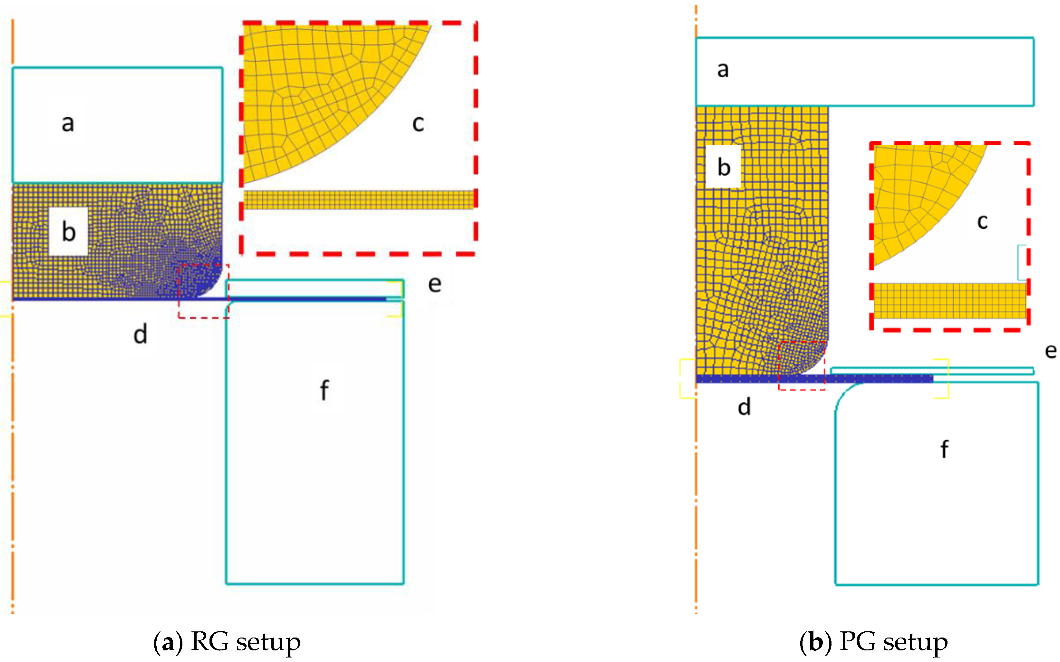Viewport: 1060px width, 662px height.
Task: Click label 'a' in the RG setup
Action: [67, 123]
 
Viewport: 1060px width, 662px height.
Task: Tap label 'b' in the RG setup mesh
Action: [68, 231]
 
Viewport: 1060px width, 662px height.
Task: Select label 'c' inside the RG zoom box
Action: [418, 123]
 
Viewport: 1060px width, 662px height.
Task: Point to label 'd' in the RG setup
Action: [140, 335]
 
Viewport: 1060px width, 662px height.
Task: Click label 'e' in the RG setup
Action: [434, 284]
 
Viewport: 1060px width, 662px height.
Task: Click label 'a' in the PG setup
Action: [723, 69]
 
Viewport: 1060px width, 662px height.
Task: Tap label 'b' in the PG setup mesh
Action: [724, 167]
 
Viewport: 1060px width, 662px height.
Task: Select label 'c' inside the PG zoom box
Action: [982, 221]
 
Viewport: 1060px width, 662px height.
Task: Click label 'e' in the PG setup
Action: [1050, 350]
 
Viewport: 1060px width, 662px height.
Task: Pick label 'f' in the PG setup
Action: [944, 449]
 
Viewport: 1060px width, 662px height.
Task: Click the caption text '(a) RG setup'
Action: [227, 642]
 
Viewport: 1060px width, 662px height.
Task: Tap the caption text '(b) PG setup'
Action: [873, 642]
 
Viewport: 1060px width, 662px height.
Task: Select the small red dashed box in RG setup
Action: [204, 291]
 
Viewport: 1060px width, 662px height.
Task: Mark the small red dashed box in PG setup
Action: [802, 365]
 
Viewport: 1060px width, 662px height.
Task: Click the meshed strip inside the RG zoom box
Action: [358, 200]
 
